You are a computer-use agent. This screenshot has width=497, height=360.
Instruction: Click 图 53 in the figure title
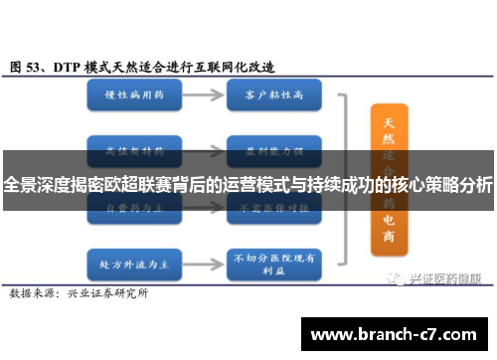coord(30,67)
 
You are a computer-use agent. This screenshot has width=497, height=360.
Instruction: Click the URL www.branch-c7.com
coord(392,332)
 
